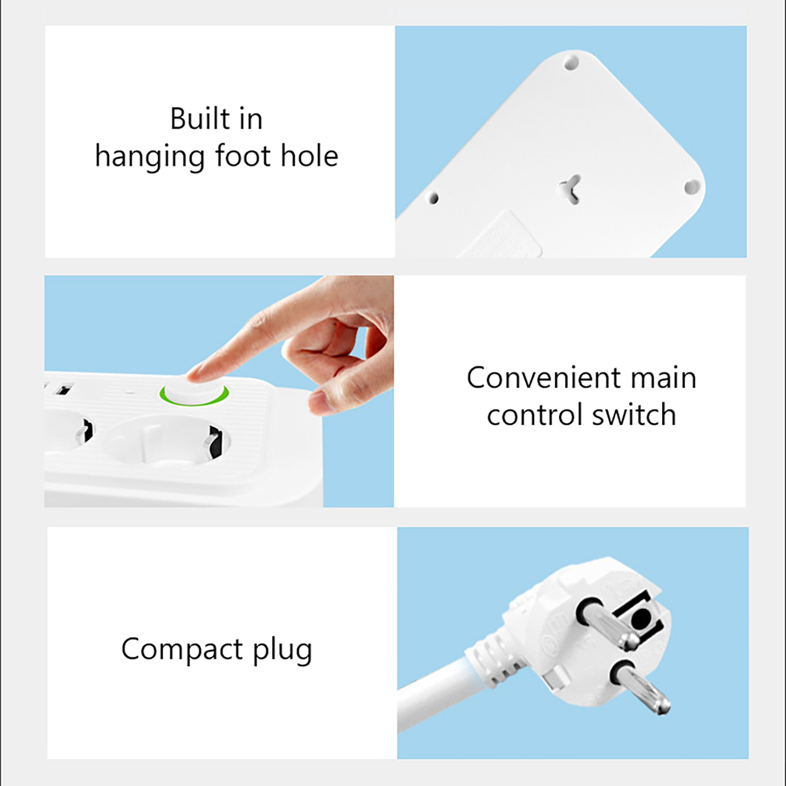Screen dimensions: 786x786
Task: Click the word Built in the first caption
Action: [x=200, y=119]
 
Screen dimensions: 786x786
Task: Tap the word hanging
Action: [x=150, y=158]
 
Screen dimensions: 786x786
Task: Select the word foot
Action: [x=243, y=156]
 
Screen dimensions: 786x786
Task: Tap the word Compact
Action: [x=182, y=649]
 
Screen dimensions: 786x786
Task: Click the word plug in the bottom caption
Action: [x=282, y=650]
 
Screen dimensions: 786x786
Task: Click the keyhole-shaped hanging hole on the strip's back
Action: [x=570, y=189]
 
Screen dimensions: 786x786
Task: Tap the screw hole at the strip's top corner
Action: [x=571, y=63]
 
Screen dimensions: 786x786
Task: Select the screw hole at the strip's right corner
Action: [x=692, y=187]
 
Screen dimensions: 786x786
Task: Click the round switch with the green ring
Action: [x=194, y=392]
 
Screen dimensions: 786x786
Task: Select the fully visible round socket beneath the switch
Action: [x=168, y=440]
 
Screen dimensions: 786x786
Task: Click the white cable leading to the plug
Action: [x=432, y=693]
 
